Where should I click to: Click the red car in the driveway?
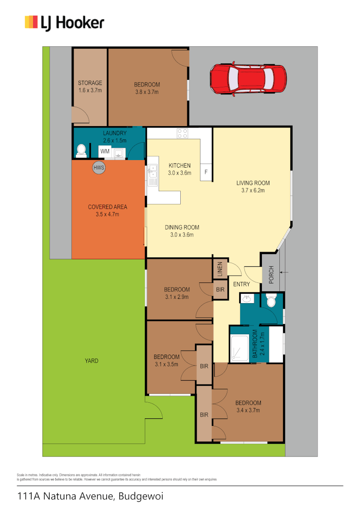pyautogui.click(x=248, y=78)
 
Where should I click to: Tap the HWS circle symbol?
pyautogui.click(x=99, y=167)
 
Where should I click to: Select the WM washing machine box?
pyautogui.click(x=105, y=152)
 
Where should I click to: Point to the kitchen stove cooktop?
pyautogui.click(x=183, y=134)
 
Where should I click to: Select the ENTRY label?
pyautogui.click(x=242, y=284)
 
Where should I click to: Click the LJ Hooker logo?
pyautogui.click(x=65, y=22)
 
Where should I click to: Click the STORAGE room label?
pyautogui.click(x=90, y=83)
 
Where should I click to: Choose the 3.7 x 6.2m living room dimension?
pyautogui.click(x=253, y=191)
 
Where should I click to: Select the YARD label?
pyautogui.click(x=92, y=361)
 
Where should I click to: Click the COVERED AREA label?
pyautogui.click(x=108, y=207)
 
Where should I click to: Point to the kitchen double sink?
pyautogui.click(x=153, y=172)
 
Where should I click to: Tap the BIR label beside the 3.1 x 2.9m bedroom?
pyautogui.click(x=220, y=289)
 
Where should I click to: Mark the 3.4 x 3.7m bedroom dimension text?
pyautogui.click(x=248, y=410)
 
